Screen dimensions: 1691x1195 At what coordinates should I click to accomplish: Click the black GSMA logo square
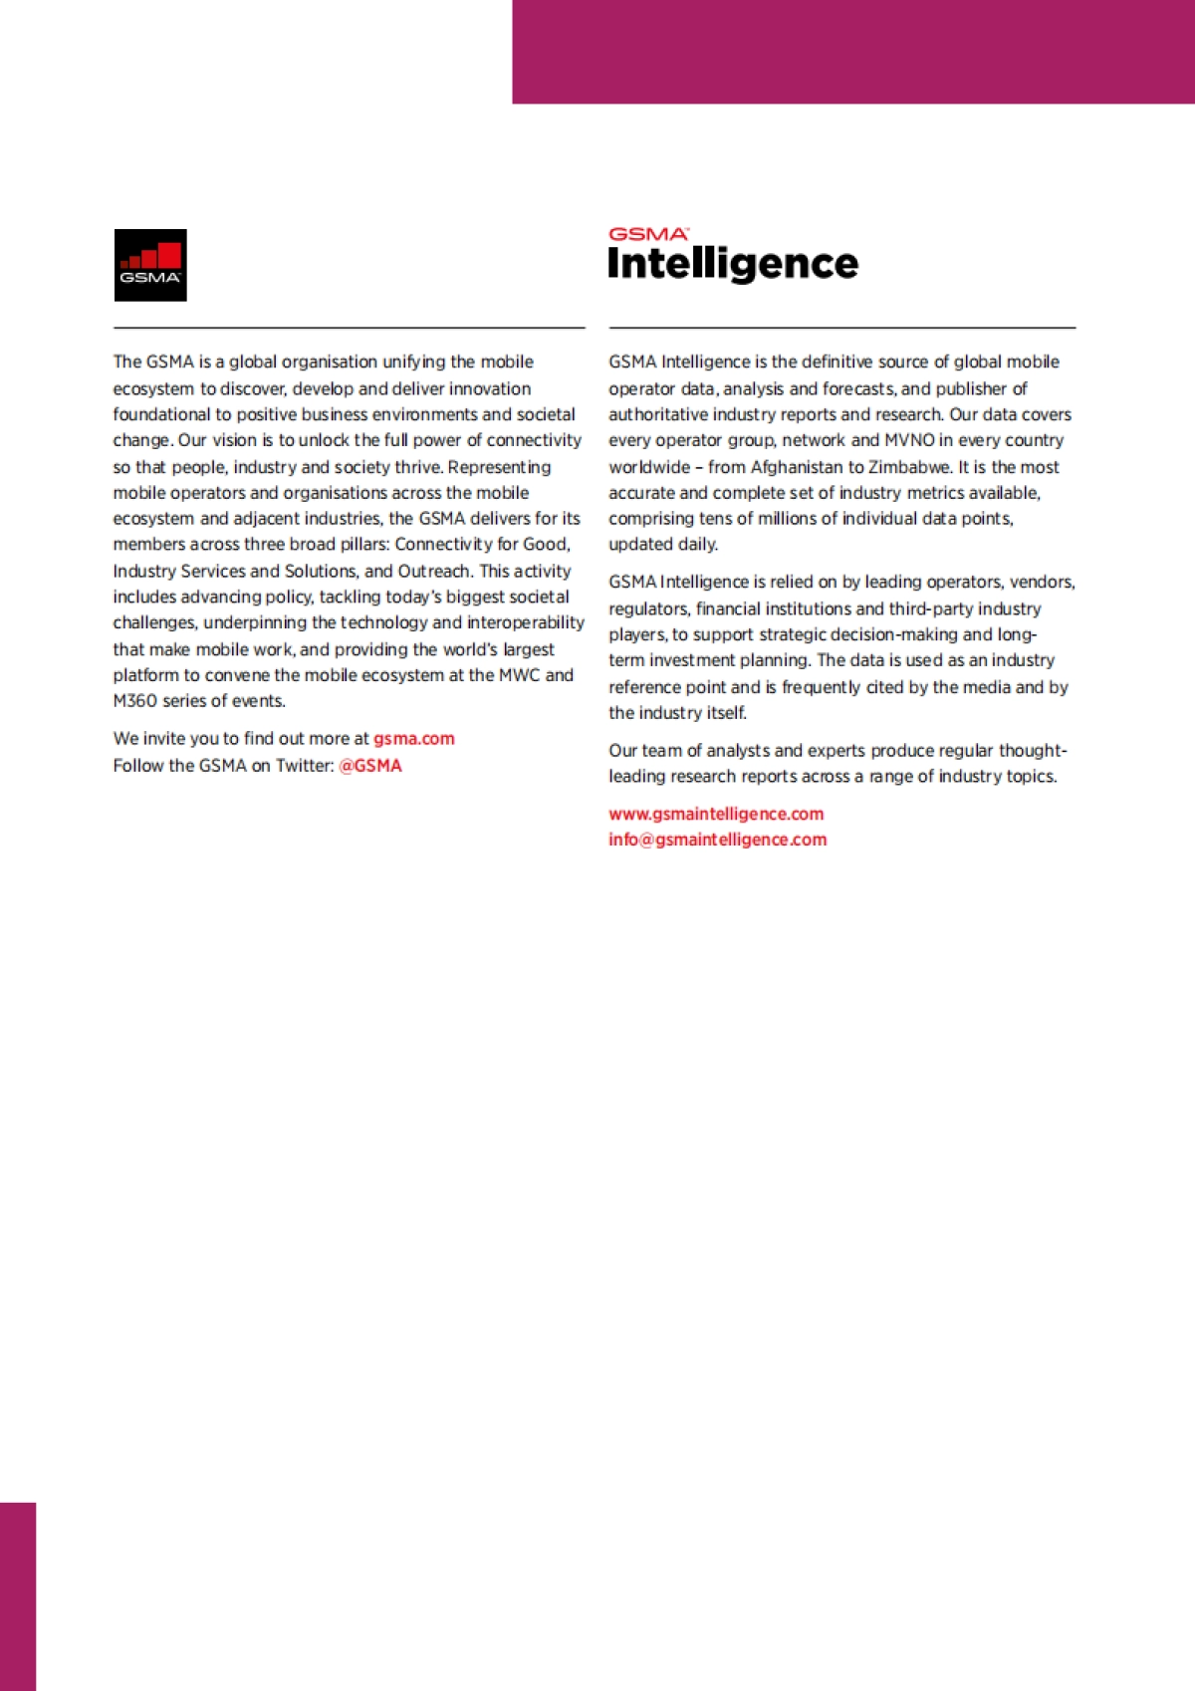(150, 265)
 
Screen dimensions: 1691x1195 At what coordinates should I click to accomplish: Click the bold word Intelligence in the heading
(733, 264)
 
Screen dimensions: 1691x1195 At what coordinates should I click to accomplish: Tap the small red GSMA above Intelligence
(647, 234)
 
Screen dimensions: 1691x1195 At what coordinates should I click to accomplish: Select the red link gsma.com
(414, 739)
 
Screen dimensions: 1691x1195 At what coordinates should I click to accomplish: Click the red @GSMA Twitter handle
(370, 766)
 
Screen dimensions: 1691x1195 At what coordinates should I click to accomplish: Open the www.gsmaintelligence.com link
(716, 814)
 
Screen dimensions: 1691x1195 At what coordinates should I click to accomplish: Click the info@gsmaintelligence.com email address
(717, 840)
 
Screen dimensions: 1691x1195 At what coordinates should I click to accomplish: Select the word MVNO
(909, 440)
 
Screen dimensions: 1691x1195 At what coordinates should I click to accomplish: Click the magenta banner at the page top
(853, 52)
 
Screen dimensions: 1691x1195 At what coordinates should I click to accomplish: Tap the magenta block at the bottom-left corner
(18, 1595)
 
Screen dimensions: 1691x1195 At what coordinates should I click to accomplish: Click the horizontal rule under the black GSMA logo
(349, 328)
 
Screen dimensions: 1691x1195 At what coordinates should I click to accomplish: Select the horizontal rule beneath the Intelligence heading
(841, 328)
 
